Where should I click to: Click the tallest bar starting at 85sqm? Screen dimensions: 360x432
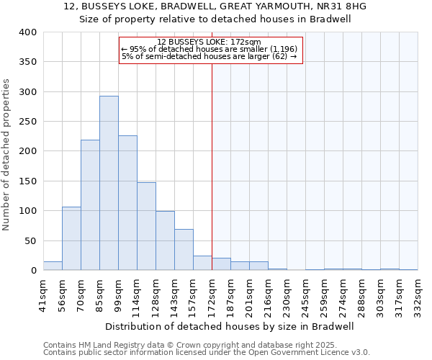coord(109,183)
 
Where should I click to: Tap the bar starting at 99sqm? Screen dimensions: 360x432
coord(127,203)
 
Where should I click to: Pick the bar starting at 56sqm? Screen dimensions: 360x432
coord(71,238)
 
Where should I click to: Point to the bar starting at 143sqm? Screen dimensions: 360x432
coord(184,250)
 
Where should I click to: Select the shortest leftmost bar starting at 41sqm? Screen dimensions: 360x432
coord(53,266)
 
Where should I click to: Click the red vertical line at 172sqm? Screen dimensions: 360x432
coord(212,166)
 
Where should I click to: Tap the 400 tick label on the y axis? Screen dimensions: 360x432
coord(27,32)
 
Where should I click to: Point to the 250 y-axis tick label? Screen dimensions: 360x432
coord(27,122)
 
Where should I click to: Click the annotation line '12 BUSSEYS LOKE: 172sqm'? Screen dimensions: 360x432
coord(210,42)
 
